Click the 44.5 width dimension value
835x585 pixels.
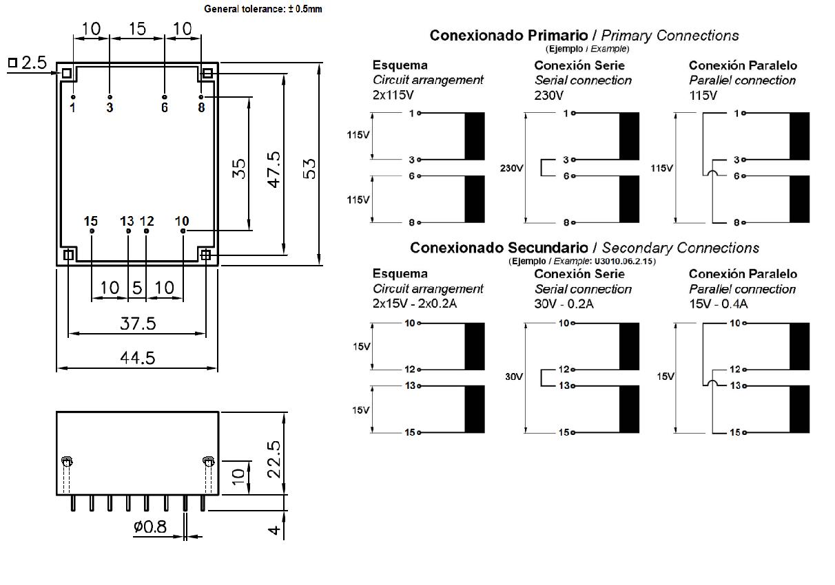[x=137, y=358]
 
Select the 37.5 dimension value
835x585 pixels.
[x=137, y=323]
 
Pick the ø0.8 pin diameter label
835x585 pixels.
[x=150, y=526]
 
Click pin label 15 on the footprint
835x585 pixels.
[x=90, y=221]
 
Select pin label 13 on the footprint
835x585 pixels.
[x=127, y=221]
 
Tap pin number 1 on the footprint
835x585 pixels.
[x=72, y=107]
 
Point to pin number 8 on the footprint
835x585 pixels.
[x=201, y=107]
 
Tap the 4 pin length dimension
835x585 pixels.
[x=274, y=531]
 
